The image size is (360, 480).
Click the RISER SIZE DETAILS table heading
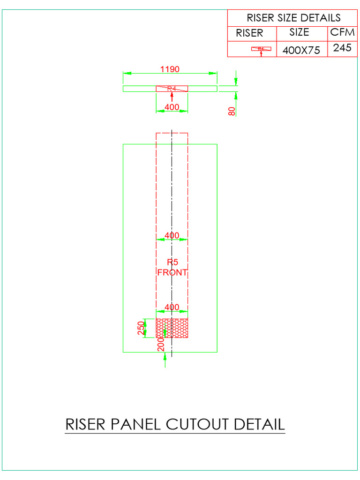click(293, 18)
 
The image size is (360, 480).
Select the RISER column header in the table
click(249, 33)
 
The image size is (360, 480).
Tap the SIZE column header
click(299, 32)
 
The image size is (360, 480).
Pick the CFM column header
click(342, 32)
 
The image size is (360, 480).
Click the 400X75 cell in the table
click(301, 50)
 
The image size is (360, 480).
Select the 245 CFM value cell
click(342, 48)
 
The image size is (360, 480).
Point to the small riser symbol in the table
click(261, 49)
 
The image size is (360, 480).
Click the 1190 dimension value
click(170, 69)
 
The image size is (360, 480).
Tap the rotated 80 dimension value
click(232, 111)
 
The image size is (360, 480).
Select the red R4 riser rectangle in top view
click(172, 88)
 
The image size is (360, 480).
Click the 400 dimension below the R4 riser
click(172, 107)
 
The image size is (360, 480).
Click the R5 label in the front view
click(172, 262)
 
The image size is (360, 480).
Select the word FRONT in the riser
click(172, 272)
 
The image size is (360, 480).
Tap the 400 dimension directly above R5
click(172, 235)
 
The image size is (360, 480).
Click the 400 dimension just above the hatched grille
click(172, 307)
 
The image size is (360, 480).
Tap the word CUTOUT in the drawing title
click(196, 424)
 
